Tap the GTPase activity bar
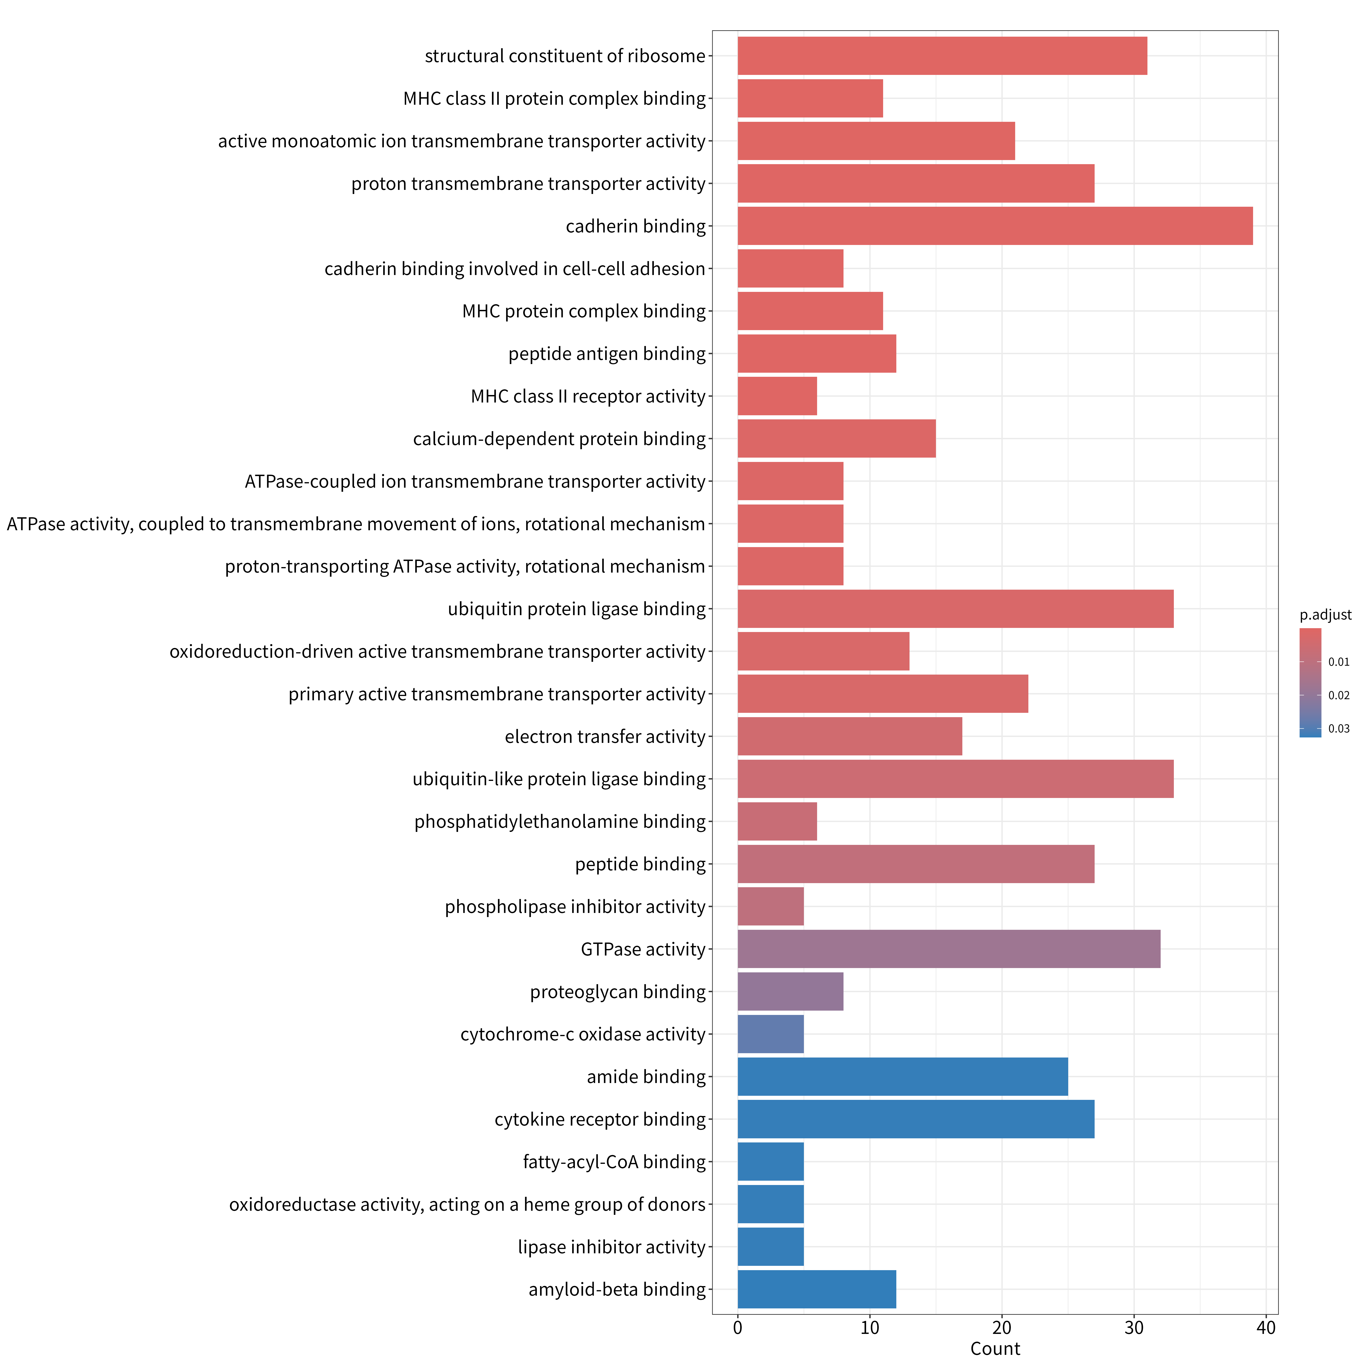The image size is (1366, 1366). [x=949, y=949]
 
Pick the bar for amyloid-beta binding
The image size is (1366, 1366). [x=817, y=1289]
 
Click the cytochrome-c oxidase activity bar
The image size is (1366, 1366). [x=771, y=1034]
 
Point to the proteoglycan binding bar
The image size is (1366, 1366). [x=790, y=991]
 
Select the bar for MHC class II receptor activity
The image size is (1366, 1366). [x=777, y=396]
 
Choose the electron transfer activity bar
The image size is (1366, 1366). [x=850, y=736]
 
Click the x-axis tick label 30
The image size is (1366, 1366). [x=1134, y=1328]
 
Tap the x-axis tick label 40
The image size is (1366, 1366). [x=1266, y=1328]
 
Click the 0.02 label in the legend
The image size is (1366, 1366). [x=1338, y=695]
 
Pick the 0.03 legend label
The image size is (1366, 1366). [x=1338, y=728]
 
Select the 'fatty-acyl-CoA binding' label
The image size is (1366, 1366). [x=614, y=1162]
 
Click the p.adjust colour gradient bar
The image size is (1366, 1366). [x=1310, y=682]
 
